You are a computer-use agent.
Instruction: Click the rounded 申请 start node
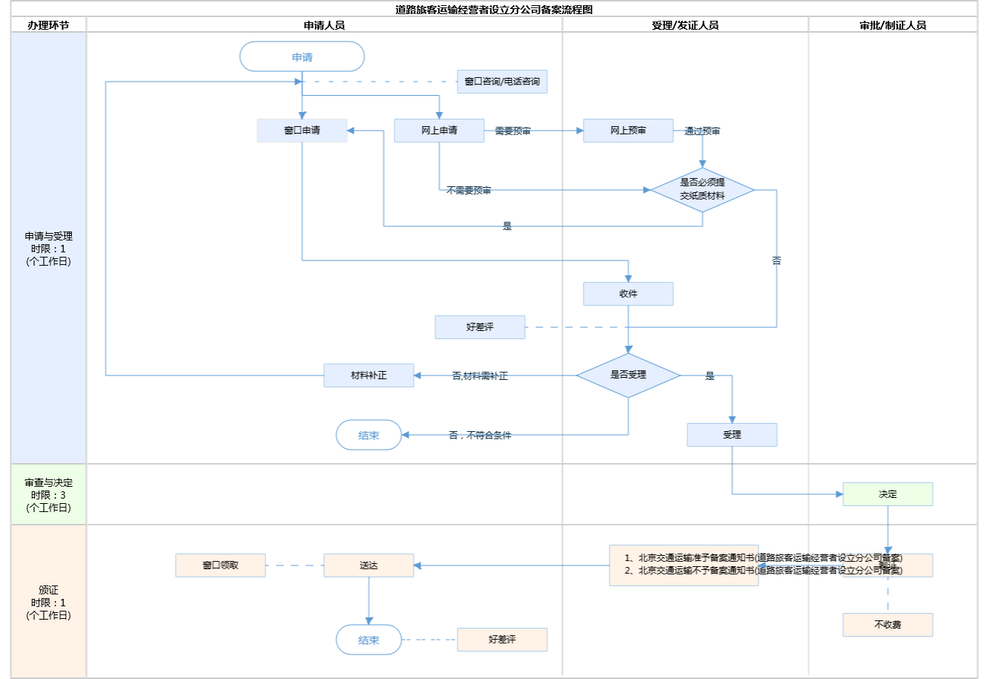point(302,57)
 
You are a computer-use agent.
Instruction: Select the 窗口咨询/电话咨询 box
point(502,82)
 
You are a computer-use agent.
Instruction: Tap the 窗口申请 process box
point(302,131)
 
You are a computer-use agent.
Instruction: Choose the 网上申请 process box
point(439,131)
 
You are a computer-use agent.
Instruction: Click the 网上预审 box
point(628,131)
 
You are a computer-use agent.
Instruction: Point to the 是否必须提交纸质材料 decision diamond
point(702,189)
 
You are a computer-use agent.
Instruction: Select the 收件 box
point(628,294)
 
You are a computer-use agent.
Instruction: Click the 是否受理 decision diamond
point(628,375)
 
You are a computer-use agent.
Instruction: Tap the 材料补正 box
point(369,375)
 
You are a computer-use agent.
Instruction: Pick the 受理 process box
point(732,435)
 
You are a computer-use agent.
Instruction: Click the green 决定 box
point(888,494)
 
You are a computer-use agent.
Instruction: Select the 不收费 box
point(888,625)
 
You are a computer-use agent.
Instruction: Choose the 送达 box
point(369,565)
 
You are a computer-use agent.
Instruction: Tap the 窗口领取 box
point(220,565)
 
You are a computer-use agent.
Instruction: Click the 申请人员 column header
point(324,25)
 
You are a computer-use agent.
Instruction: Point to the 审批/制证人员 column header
point(893,25)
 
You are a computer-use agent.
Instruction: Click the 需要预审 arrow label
point(512,131)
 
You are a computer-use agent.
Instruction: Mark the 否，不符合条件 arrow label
point(480,436)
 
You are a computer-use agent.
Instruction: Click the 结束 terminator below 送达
point(369,640)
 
